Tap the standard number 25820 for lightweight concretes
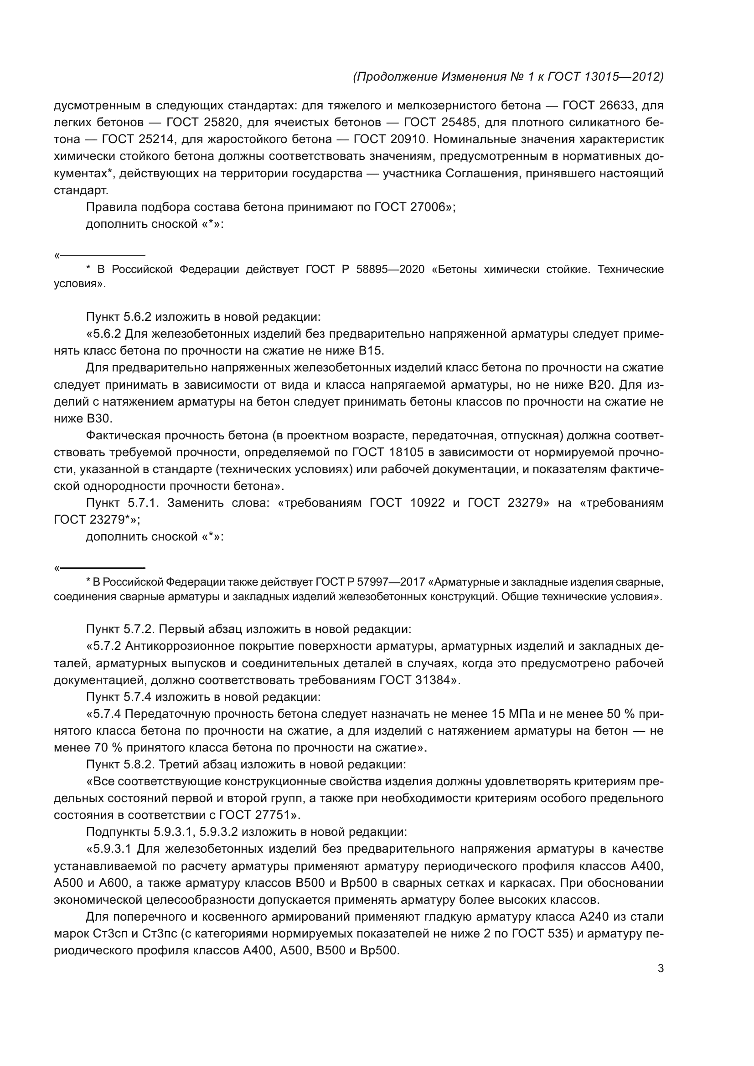click(x=221, y=123)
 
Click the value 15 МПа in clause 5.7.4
click(x=511, y=714)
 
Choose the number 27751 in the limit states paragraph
click(x=272, y=815)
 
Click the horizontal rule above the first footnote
click(x=102, y=255)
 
